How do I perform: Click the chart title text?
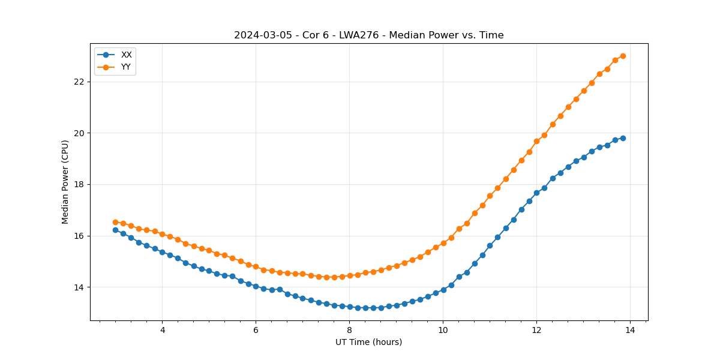coord(368,35)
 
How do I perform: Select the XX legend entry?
coord(126,55)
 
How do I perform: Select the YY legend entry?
coord(126,67)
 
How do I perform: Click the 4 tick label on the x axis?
coord(162,330)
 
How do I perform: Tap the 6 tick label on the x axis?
coord(256,330)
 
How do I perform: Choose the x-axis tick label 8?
coord(349,330)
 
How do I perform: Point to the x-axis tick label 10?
coord(443,330)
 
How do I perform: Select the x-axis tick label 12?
coord(536,330)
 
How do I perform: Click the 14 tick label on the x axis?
coord(630,330)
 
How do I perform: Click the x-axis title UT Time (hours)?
coord(368,342)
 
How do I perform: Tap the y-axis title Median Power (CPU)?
coord(65,182)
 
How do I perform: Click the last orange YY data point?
coord(623,56)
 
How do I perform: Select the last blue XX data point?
coord(623,138)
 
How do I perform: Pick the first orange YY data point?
coord(115,222)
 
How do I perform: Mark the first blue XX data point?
coord(115,230)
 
